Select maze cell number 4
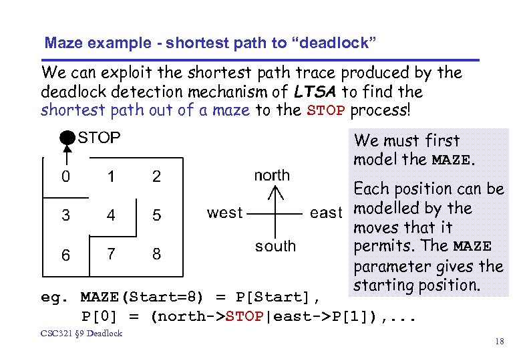111,215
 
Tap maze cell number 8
156,255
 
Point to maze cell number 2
156,176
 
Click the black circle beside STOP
66,138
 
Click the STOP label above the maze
100,138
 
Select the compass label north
272,175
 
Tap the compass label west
224,213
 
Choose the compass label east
326,213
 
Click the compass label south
275,246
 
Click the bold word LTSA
314,92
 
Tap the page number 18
499,342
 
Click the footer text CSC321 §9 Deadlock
81,333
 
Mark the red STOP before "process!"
326,110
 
